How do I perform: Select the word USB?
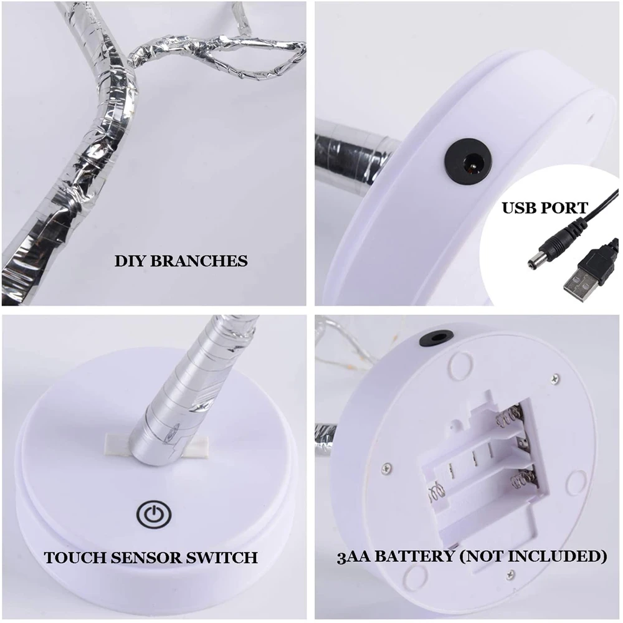coord(520,207)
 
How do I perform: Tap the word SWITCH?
coord(222,557)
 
